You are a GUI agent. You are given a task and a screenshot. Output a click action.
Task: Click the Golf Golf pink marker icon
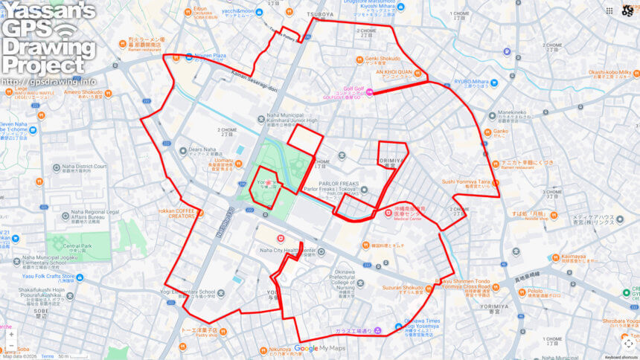click(x=369, y=91)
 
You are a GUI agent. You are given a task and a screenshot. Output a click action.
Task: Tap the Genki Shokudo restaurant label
click(x=383, y=58)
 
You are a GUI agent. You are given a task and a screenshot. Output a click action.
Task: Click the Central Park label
click(x=77, y=245)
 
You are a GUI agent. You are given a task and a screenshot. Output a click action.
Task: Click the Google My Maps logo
click(x=321, y=348)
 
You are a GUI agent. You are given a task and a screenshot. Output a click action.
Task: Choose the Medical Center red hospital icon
click(x=388, y=213)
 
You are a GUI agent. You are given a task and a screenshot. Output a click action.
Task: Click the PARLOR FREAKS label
click(x=339, y=183)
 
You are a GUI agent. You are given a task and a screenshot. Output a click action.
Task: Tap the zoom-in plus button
click(x=10, y=335)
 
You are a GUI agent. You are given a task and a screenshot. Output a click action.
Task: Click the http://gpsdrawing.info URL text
click(x=48, y=81)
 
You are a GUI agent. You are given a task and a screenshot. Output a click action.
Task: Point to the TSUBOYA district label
click(x=321, y=13)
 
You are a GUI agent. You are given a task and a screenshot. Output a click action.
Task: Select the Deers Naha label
click(x=202, y=149)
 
